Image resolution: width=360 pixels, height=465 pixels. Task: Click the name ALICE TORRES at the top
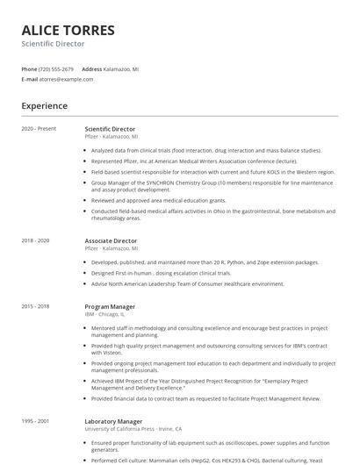tap(68, 30)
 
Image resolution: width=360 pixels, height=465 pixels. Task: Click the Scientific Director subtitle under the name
tap(53, 44)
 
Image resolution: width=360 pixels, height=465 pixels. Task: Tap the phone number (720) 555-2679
tap(57, 68)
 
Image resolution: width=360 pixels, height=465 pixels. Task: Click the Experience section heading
tap(44, 106)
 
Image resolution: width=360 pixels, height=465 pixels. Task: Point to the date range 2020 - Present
tap(39, 129)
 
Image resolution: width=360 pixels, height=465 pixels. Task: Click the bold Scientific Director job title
tap(110, 129)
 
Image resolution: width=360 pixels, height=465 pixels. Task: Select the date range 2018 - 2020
tap(36, 240)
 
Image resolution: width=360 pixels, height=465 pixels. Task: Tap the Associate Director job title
tap(111, 240)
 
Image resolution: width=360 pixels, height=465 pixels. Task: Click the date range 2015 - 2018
tap(36, 306)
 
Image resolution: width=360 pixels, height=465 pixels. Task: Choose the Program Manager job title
tap(110, 306)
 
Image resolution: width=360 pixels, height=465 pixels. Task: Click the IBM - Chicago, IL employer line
tap(104, 313)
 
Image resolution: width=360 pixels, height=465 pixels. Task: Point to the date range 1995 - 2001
tap(36, 421)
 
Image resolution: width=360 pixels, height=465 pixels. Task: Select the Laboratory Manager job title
tap(114, 421)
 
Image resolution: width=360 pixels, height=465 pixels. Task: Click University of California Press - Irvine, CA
tap(133, 429)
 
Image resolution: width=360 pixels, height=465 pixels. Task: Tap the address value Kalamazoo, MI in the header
tap(123, 68)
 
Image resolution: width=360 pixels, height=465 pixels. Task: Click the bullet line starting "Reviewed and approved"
tap(158, 200)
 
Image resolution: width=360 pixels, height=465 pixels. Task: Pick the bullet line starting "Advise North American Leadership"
tap(187, 283)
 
